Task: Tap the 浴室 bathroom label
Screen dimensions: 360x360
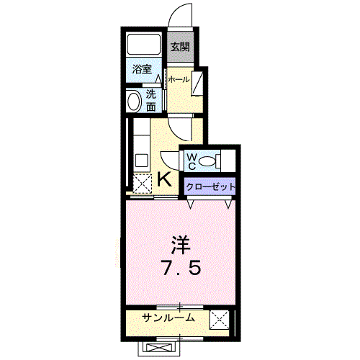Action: pyautogui.click(x=142, y=70)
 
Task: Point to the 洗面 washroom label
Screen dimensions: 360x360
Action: pyautogui.click(x=151, y=101)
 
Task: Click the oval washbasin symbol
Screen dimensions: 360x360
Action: pyautogui.click(x=133, y=102)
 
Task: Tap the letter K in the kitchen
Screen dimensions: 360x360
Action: pyautogui.click(x=164, y=179)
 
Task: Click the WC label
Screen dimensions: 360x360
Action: pyautogui.click(x=192, y=159)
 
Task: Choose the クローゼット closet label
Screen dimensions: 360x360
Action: pyautogui.click(x=210, y=186)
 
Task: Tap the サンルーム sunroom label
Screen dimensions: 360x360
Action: pyautogui.click(x=166, y=319)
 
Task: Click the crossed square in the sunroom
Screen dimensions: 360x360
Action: pyautogui.click(x=219, y=319)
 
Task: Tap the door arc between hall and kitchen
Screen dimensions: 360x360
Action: pyautogui.click(x=184, y=127)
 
